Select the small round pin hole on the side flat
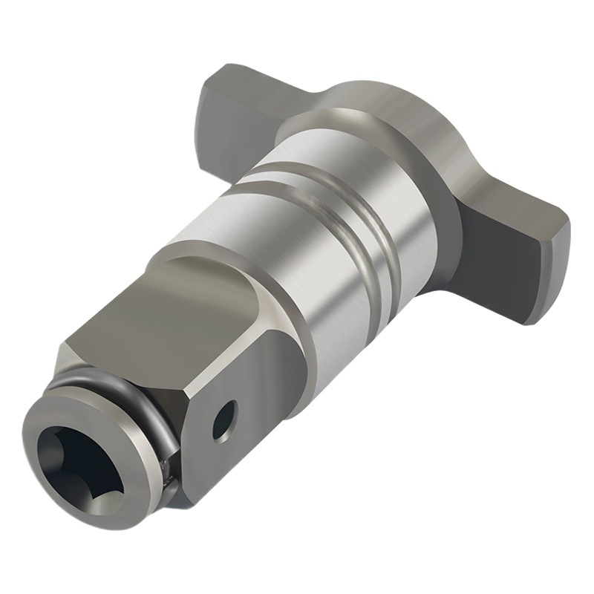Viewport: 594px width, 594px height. tap(223, 420)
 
